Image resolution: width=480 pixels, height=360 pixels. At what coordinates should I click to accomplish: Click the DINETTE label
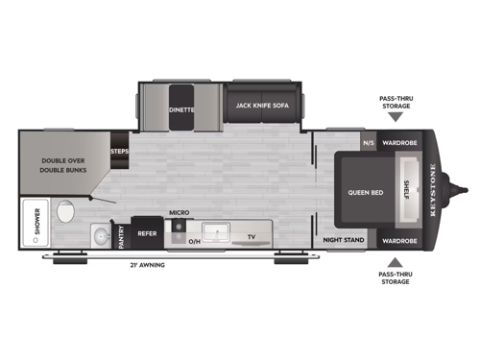point(182,110)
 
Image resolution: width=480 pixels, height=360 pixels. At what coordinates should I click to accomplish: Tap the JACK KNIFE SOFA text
point(263,106)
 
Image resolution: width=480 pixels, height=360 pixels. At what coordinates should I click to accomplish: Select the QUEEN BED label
point(365,192)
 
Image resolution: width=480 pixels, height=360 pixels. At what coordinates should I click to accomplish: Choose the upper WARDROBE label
point(397,144)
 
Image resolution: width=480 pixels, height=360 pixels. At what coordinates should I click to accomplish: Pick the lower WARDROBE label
point(397,240)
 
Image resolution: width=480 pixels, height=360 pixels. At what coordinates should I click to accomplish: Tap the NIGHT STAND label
point(343,240)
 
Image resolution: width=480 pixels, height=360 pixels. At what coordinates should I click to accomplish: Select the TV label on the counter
point(252,235)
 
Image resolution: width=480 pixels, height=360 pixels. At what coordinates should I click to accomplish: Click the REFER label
point(147,233)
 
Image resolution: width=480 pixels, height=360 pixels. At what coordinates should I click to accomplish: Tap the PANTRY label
point(122,237)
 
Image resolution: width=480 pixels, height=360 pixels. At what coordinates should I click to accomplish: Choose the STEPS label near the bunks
point(120,151)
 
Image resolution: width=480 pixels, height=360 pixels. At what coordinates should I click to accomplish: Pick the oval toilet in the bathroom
point(65,211)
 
